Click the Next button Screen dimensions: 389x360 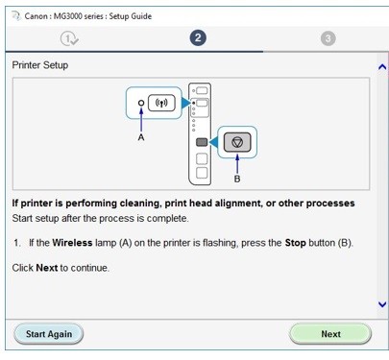tap(330, 334)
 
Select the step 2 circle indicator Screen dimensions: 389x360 tap(198, 37)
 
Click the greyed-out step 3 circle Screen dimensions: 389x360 tap(328, 38)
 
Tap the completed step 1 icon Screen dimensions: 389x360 tap(69, 39)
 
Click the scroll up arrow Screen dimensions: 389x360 tap(382, 67)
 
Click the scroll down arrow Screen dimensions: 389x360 tap(382, 304)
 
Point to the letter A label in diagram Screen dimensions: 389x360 tap(141, 137)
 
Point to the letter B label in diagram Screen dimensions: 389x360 tap(237, 179)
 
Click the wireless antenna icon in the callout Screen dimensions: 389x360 tap(161, 103)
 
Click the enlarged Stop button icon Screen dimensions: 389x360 tap(237, 142)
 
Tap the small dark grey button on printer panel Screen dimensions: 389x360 tap(202, 142)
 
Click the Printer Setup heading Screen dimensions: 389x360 tap(40, 65)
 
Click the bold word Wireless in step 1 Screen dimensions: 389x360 tap(72, 243)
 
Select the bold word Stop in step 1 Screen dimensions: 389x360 tap(295, 243)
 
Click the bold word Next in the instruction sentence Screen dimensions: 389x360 tap(47, 268)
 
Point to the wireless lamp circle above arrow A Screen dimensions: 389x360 tap(141, 103)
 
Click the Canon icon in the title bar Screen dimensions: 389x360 tap(16, 15)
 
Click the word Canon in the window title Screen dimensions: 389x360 tap(36, 16)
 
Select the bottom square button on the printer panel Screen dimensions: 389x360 tap(202, 173)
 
